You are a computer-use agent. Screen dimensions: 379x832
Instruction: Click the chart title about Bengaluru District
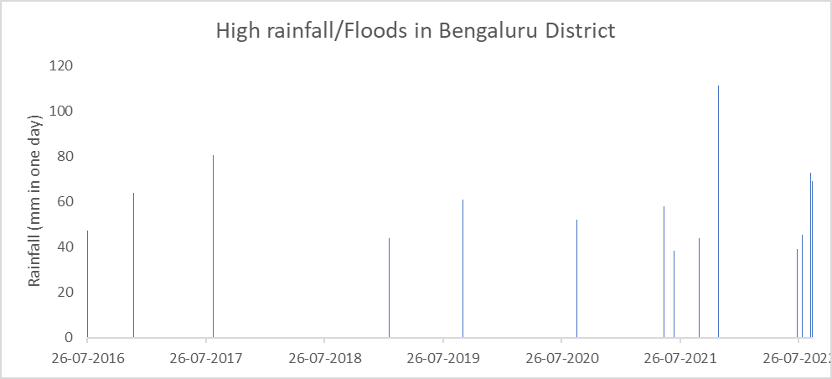pyautogui.click(x=416, y=32)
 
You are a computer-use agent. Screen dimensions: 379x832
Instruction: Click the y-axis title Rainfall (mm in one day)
pyautogui.click(x=35, y=201)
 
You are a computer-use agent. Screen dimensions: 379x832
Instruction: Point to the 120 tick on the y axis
pyautogui.click(x=61, y=66)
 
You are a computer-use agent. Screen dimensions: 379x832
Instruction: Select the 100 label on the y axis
pyautogui.click(x=61, y=112)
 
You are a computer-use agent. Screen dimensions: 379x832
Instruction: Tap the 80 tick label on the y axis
pyautogui.click(x=65, y=157)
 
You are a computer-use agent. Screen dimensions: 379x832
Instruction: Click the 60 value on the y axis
pyautogui.click(x=65, y=202)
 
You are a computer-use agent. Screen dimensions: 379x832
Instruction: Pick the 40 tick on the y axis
pyautogui.click(x=65, y=247)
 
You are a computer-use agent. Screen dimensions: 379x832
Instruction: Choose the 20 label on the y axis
pyautogui.click(x=65, y=293)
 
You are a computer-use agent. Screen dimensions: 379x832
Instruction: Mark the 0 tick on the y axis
pyautogui.click(x=68, y=338)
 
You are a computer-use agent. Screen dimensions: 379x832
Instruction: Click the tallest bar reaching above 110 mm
pyautogui.click(x=718, y=210)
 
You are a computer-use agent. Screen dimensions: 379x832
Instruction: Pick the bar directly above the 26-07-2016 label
pyautogui.click(x=87, y=285)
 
